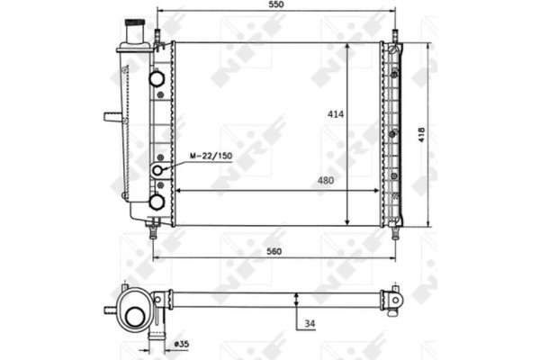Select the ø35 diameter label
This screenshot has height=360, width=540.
(x=180, y=343)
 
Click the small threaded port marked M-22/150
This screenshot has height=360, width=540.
(x=158, y=170)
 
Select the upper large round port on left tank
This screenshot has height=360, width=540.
(x=158, y=78)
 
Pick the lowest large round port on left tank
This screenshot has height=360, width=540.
(x=157, y=202)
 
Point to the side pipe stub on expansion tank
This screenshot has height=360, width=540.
(x=112, y=116)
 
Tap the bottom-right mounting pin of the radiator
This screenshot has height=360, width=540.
(x=394, y=231)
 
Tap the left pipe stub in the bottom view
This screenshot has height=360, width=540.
(x=110, y=309)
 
